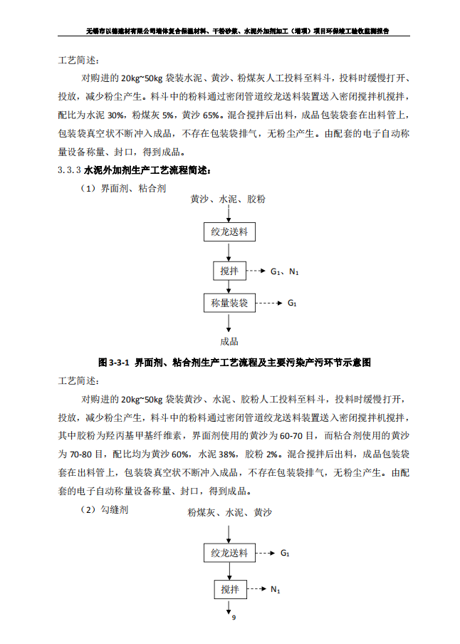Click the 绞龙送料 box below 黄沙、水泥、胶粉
point(229,232)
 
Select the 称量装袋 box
point(229,303)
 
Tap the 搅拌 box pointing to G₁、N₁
point(229,271)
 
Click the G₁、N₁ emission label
point(284,271)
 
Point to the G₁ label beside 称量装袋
point(292,303)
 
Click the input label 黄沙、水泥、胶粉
point(228,199)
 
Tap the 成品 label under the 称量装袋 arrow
point(229,341)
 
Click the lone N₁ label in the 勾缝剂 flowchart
point(275,590)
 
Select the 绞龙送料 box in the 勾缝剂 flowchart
point(229,553)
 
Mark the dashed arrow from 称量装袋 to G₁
point(268,303)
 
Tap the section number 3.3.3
point(69,171)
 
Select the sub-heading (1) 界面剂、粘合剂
point(122,188)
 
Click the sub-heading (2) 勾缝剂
point(104,510)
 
